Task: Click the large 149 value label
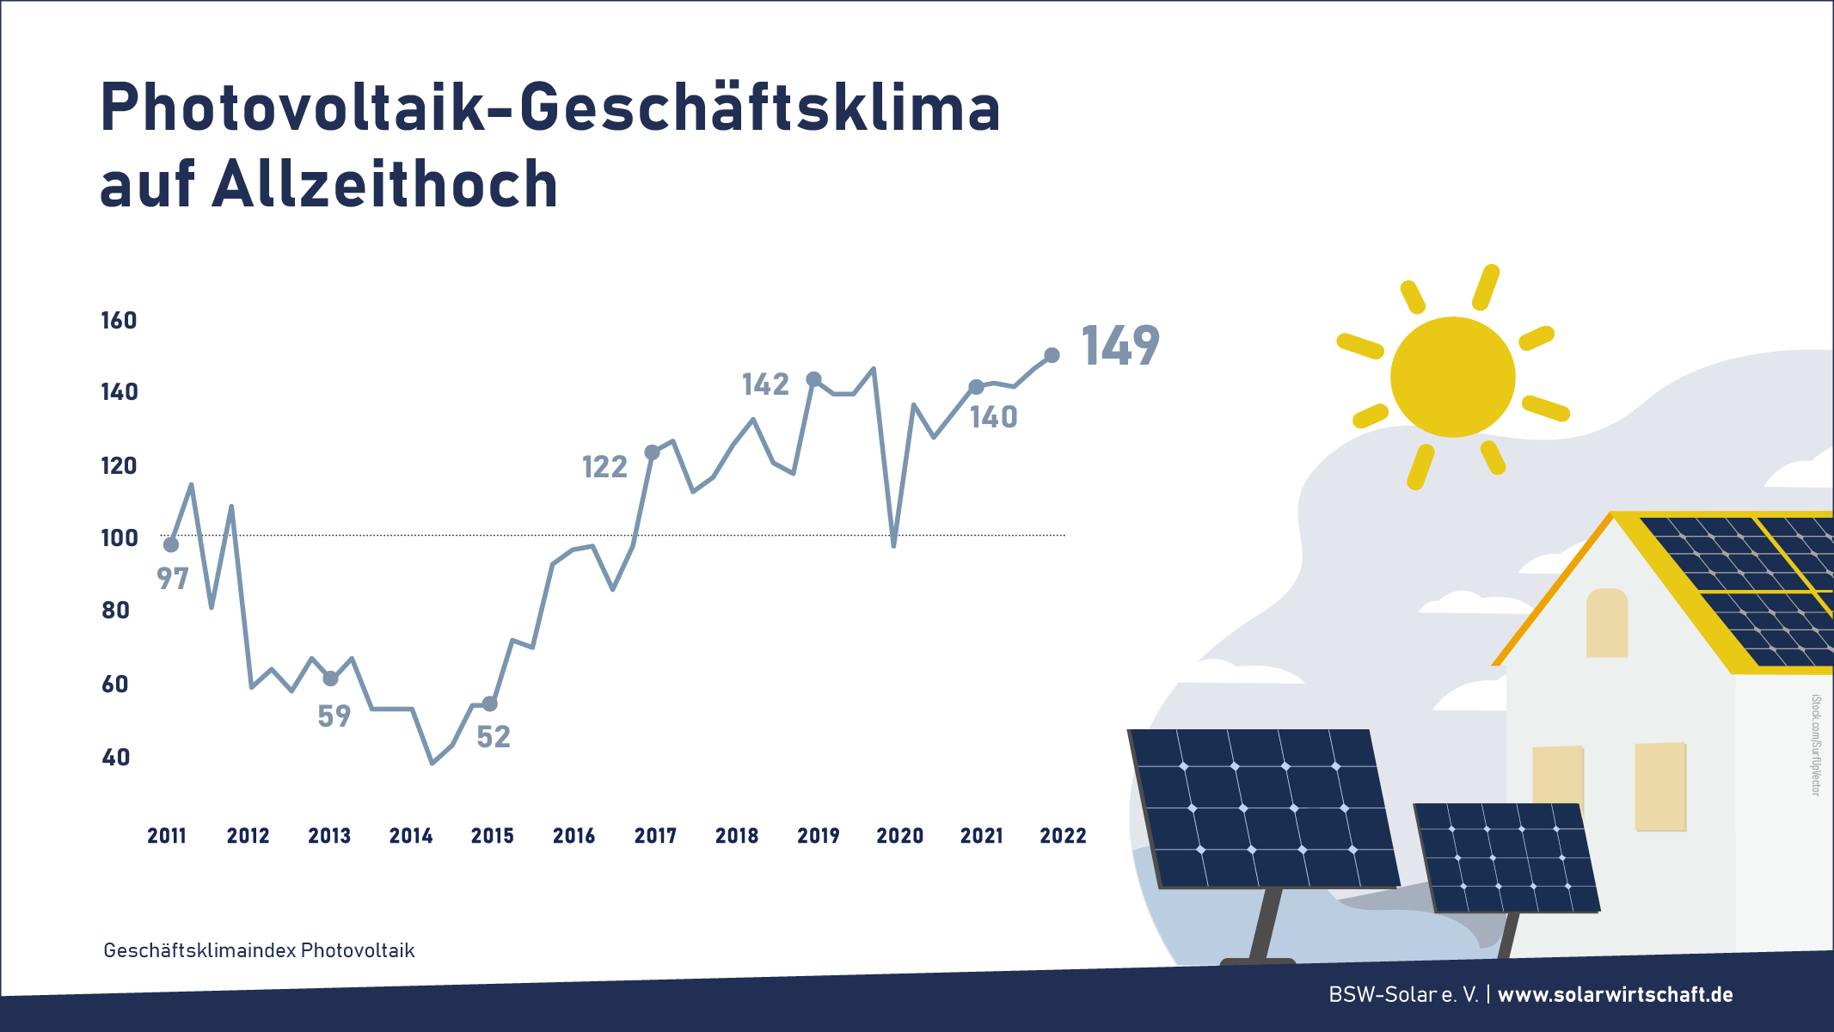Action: click(1120, 346)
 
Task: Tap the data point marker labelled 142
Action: click(813, 379)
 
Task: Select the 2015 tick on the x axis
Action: click(492, 835)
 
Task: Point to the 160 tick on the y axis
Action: click(119, 321)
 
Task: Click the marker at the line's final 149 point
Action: click(1052, 355)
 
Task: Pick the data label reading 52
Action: click(494, 737)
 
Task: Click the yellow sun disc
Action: click(1452, 377)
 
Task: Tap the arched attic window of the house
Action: click(1607, 623)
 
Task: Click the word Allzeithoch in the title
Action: click(385, 184)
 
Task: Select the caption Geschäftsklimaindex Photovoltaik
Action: click(259, 950)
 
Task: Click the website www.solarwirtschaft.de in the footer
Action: click(1616, 994)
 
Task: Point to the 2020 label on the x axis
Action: click(899, 835)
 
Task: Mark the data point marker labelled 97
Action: click(171, 545)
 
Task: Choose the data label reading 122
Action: click(604, 467)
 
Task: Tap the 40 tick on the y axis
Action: click(116, 758)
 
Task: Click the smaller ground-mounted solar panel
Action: click(1506, 857)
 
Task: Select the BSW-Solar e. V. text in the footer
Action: click(1403, 994)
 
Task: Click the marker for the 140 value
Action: click(976, 388)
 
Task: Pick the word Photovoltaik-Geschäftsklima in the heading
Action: click(550, 108)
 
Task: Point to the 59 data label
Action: click(334, 716)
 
